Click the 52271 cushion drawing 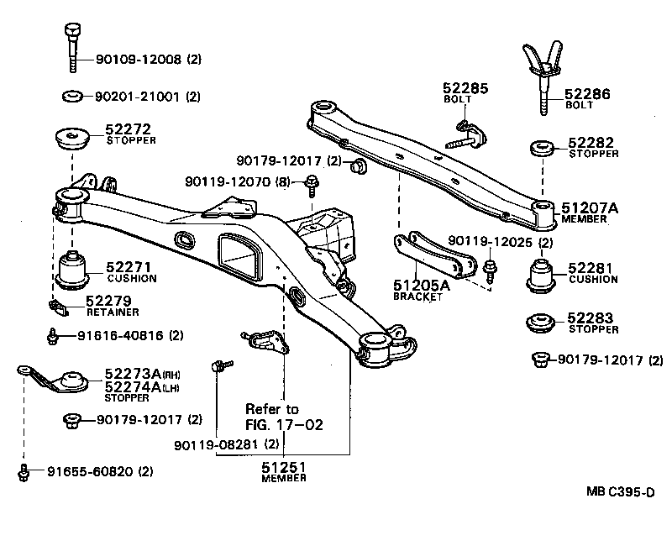(x=77, y=268)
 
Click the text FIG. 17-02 (x=284, y=425)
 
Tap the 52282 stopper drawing (x=542, y=149)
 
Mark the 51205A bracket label (x=422, y=286)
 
